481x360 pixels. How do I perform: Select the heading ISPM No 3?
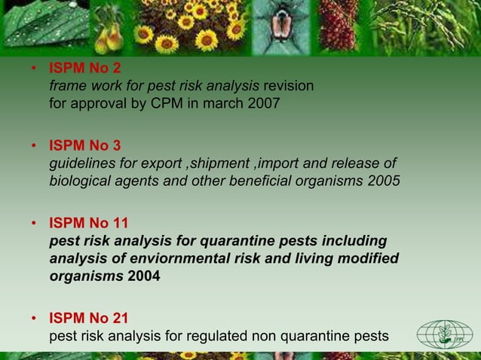coord(84,145)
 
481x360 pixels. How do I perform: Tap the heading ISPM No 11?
coord(88,223)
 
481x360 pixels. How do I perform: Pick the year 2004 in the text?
coord(144,276)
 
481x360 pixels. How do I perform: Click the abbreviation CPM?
coord(172,103)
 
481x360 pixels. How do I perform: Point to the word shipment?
coord(218,163)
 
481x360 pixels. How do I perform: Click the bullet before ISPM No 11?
coord(34,224)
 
